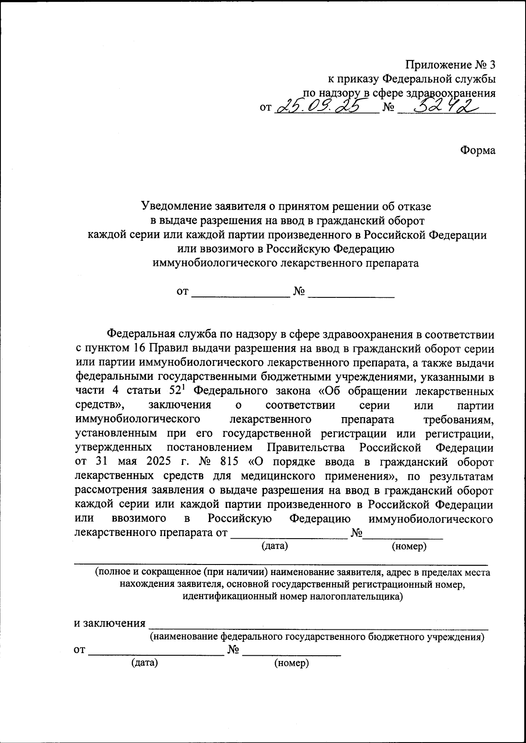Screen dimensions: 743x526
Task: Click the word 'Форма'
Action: point(478,150)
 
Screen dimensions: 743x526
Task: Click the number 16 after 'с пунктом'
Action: point(136,349)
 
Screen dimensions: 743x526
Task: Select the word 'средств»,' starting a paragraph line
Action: point(100,405)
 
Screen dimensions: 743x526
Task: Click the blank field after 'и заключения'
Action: point(318,623)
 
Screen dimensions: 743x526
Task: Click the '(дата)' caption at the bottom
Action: point(145,663)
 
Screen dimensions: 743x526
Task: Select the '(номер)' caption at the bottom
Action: point(291,663)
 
